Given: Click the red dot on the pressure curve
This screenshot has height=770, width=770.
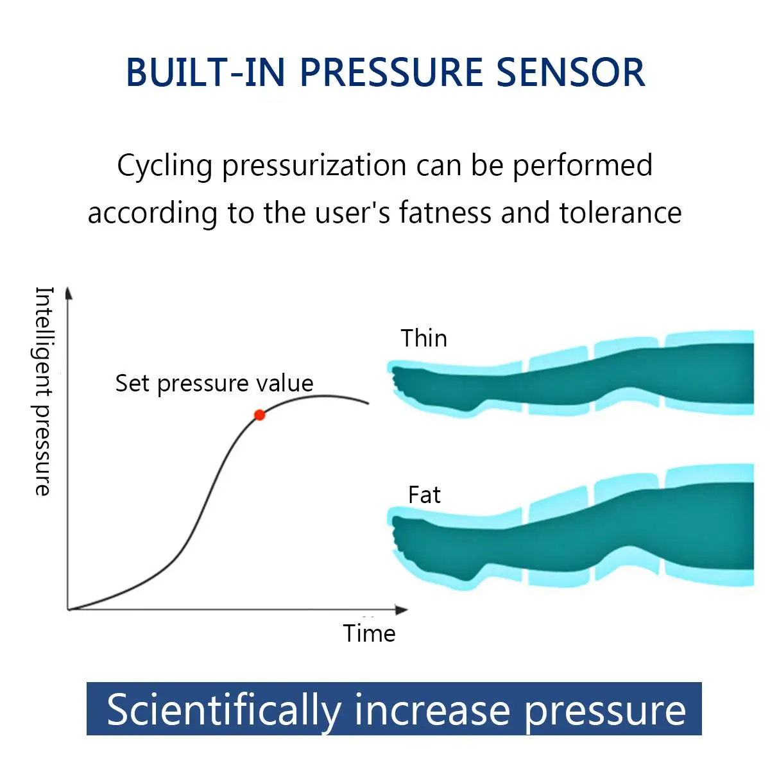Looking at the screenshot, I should point(259,415).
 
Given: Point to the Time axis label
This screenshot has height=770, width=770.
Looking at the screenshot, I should point(369,633).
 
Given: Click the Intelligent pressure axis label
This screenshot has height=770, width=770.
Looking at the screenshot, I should point(43,391).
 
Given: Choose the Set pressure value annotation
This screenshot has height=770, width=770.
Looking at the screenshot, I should point(214,383).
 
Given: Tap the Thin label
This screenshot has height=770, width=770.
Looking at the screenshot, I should point(424,338).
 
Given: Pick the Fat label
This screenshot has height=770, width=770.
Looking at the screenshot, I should point(424,495).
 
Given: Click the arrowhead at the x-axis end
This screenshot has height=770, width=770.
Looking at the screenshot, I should point(402,609).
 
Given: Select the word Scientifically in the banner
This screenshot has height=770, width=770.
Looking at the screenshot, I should point(224,710).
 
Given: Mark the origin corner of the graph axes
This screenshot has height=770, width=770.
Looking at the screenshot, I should point(68,608).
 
